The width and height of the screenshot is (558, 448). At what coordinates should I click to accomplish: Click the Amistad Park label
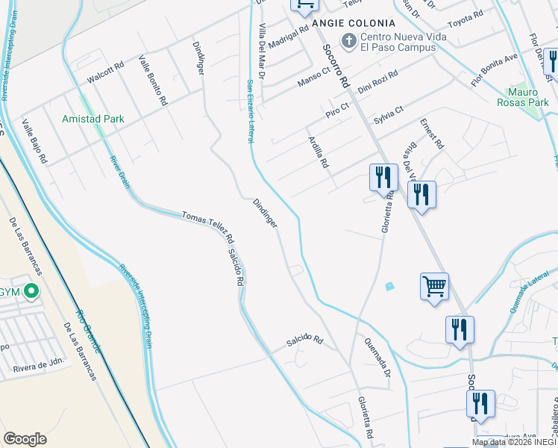[x=93, y=119]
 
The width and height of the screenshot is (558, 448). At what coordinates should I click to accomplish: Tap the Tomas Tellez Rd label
[x=208, y=224]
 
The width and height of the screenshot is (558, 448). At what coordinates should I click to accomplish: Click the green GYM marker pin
[x=31, y=291]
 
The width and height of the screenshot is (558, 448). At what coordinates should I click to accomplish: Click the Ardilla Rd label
[x=319, y=152]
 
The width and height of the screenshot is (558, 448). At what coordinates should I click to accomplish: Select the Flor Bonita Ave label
[x=494, y=68]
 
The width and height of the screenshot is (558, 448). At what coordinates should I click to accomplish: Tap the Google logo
[x=25, y=439]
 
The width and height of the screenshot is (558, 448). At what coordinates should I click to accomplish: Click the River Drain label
[x=119, y=172]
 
